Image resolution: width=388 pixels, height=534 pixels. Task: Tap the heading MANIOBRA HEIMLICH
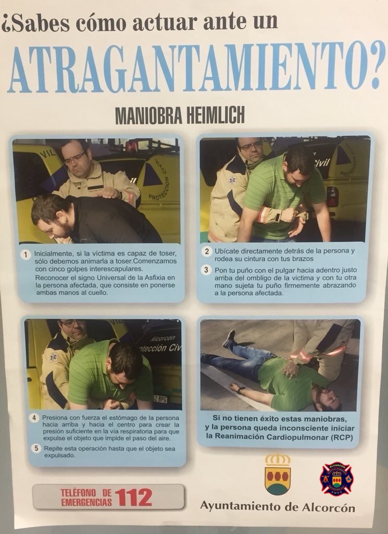pyautogui.click(x=179, y=116)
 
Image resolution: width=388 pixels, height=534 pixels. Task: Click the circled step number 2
pyautogui.click(x=206, y=251)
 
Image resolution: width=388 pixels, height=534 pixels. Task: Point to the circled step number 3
pyautogui.click(x=206, y=270)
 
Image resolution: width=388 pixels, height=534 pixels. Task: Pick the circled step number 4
pyautogui.click(x=34, y=417)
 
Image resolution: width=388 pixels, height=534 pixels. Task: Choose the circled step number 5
pyautogui.click(x=34, y=447)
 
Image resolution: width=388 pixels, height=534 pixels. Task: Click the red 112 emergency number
pyautogui.click(x=134, y=496)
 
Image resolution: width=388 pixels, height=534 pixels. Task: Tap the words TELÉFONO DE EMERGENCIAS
pyautogui.click(x=86, y=497)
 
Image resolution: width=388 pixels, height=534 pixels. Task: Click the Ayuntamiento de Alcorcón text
pyautogui.click(x=277, y=506)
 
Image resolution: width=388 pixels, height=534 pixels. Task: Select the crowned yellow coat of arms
pyautogui.click(x=277, y=474)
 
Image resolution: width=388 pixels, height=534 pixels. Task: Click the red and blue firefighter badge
pyautogui.click(x=336, y=478)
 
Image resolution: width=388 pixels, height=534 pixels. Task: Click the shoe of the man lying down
pyautogui.click(x=228, y=339)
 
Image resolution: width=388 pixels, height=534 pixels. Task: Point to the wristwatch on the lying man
pyautogui.click(x=241, y=389)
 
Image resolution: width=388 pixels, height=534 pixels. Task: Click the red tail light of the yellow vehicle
pyautogui.click(x=332, y=196)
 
